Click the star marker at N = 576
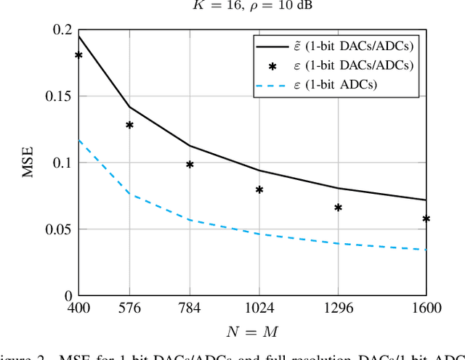coord(129,125)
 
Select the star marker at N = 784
coord(190,165)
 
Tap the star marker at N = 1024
coord(259,190)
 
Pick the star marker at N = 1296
coord(338,208)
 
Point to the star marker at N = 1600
coord(426,218)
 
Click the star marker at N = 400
coord(78,55)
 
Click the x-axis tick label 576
coord(129,309)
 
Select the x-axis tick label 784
coord(190,309)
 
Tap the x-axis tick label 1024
coord(259,309)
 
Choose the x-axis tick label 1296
coord(338,309)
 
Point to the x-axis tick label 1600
coord(426,309)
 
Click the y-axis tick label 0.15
coord(58,97)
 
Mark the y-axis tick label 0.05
coord(58,230)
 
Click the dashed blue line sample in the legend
coord(272,85)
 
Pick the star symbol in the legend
coord(272,66)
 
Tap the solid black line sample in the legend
coord(272,46)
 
